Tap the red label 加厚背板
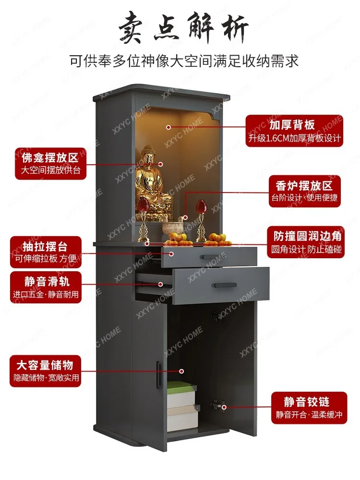pyautogui.click(x=292, y=125)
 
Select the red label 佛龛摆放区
pyautogui.click(x=50, y=158)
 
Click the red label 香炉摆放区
pyautogui.click(x=304, y=185)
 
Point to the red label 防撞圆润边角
pyautogui.click(x=307, y=237)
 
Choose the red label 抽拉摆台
pyautogui.click(x=46, y=247)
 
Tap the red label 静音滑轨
pyautogui.click(x=47, y=280)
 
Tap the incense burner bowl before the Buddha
pyautogui.click(x=172, y=227)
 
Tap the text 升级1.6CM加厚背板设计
pyautogui.click(x=295, y=138)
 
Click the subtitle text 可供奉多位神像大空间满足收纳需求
pyautogui.click(x=184, y=61)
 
